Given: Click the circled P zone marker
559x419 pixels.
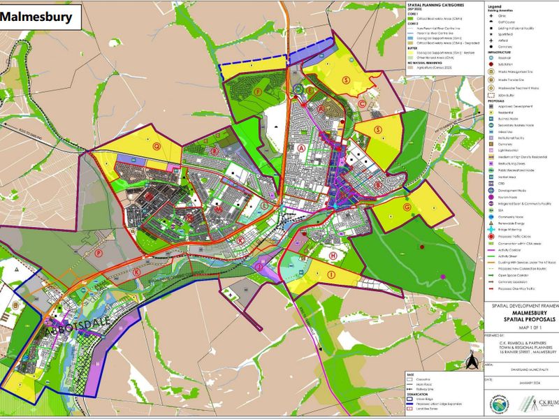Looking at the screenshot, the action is coord(99,253).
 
